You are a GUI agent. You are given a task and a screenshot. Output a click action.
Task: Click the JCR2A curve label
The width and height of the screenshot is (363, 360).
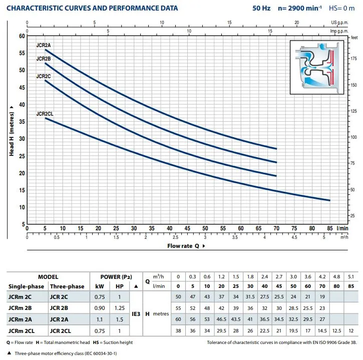44,45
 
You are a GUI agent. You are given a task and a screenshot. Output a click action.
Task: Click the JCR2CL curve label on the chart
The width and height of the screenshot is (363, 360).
45,114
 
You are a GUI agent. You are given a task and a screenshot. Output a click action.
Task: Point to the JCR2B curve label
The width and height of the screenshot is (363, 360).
44,59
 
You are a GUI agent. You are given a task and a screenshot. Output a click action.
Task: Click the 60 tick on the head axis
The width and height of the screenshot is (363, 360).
22,36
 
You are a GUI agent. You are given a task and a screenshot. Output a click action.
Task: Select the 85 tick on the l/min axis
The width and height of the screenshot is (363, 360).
329,228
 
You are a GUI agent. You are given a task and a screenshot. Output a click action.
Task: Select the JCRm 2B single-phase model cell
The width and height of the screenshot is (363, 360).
21,308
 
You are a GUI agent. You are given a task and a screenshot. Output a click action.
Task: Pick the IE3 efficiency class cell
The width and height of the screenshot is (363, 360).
136,314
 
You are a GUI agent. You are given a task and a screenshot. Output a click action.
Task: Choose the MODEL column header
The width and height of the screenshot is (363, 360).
48,276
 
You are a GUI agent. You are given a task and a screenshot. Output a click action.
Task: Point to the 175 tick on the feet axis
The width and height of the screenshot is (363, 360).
352,59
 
